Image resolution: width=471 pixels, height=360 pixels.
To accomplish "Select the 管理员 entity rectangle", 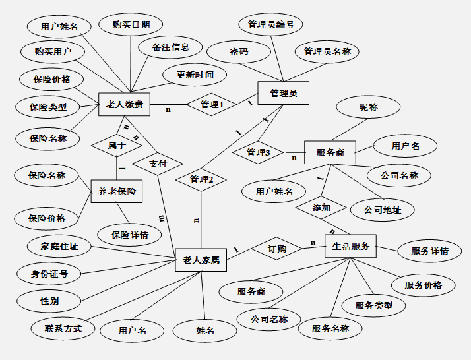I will click(283, 94).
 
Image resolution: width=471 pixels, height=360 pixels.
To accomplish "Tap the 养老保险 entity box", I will click(117, 191).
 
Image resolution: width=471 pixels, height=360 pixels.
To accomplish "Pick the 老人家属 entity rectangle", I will click(201, 260).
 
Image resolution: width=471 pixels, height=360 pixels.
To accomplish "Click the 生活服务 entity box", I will click(350, 247).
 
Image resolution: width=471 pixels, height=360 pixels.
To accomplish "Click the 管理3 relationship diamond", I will click(258, 153).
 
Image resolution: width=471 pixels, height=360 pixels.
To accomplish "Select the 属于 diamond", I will click(117, 145).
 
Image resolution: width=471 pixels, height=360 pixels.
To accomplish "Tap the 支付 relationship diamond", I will click(158, 164).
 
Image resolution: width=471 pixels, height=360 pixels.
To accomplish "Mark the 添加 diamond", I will click(321, 207).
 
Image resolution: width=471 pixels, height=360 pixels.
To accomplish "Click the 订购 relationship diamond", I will click(277, 249).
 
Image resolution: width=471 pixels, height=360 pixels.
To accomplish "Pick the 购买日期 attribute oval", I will click(131, 25).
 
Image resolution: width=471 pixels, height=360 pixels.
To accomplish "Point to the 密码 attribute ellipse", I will click(239, 51).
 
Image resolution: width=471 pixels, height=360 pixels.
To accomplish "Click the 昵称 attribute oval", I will click(369, 107).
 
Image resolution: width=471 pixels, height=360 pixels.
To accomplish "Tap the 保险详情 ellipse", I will click(130, 234).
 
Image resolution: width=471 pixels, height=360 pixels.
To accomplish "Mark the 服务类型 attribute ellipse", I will click(374, 305).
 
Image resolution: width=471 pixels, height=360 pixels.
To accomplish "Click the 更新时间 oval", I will click(195, 75).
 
